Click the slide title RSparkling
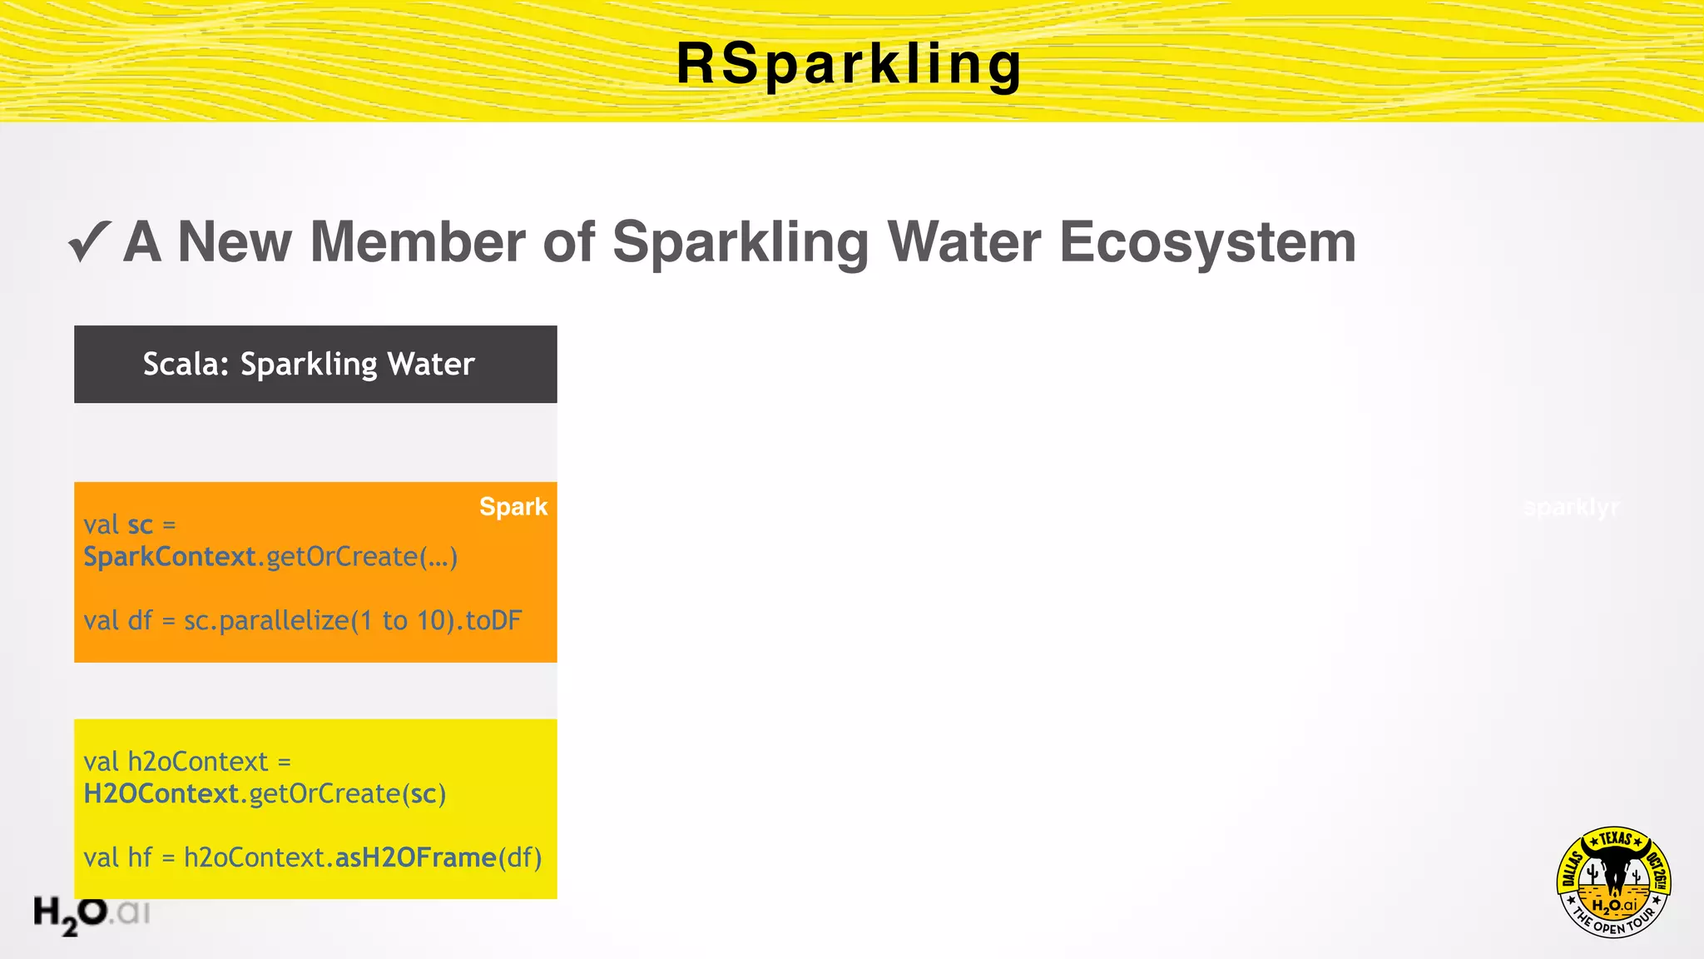coord(849,64)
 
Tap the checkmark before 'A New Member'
coord(89,242)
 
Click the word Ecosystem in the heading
coord(1207,242)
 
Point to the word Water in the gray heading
coord(963,242)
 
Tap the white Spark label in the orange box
coord(513,506)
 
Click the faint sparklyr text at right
coord(1571,507)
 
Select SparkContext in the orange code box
coord(170,556)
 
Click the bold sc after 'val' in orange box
coord(141,525)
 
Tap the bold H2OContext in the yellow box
coord(161,793)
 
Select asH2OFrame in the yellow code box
coord(415,857)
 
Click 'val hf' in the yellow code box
coord(117,857)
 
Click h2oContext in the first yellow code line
coord(197,762)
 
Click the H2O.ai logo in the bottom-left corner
coord(92,914)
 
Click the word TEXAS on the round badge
coord(1615,838)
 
